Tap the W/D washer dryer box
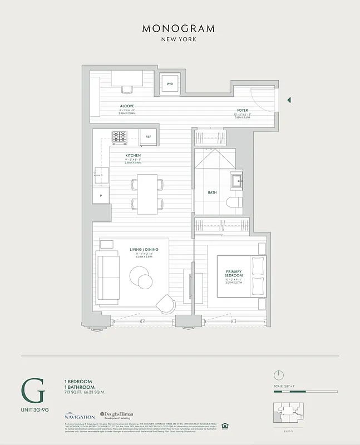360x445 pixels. [x=169, y=85]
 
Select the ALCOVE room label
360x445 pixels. [x=127, y=106]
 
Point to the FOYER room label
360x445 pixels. [x=242, y=110]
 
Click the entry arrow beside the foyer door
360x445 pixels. [x=289, y=100]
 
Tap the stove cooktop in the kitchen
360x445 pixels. [x=120, y=136]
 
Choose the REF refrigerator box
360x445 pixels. [x=148, y=136]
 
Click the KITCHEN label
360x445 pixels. [x=132, y=155]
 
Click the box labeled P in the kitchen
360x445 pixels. [x=101, y=196]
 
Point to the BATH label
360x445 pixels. [x=212, y=193]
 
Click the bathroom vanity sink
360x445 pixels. [x=236, y=179]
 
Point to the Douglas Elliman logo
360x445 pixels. [x=119, y=415]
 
